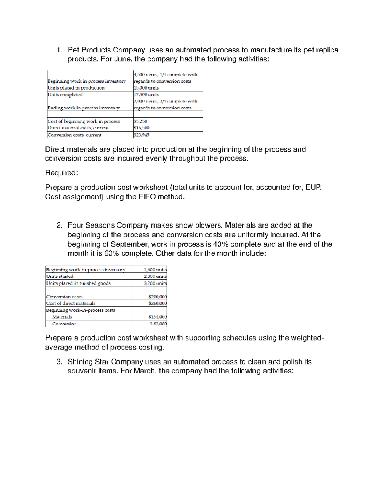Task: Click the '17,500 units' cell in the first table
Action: [x=146, y=95]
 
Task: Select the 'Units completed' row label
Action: [x=65, y=95]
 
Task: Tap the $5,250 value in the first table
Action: [x=140, y=121]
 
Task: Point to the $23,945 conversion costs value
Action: [x=141, y=135]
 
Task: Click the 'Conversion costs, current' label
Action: [x=74, y=135]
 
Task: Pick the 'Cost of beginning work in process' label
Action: [x=84, y=121]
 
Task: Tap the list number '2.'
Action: [x=59, y=225]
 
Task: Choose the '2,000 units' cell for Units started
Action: [x=155, y=276]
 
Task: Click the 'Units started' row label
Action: [x=60, y=276]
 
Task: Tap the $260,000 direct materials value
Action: [x=157, y=303]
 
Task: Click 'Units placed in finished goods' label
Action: [x=78, y=283]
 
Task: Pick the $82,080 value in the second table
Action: [x=158, y=324]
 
